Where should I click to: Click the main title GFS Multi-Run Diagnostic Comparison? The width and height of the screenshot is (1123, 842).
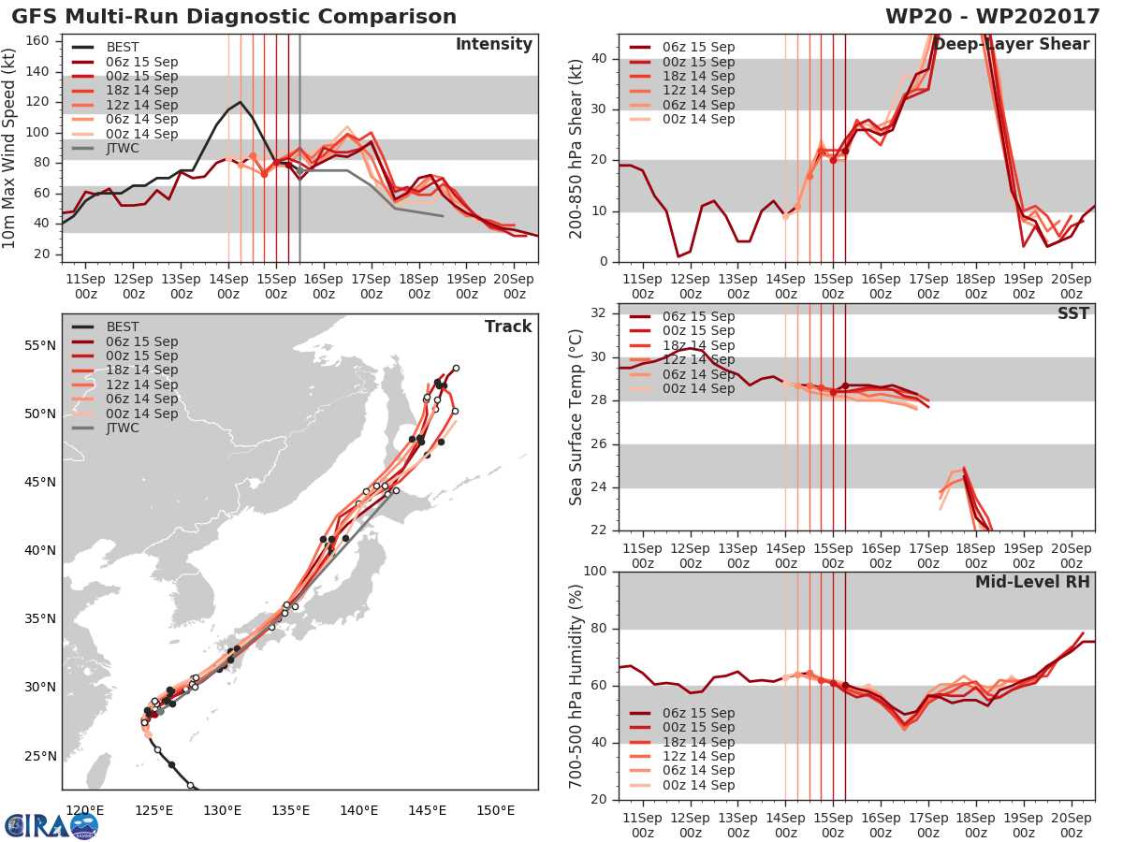pos(234,17)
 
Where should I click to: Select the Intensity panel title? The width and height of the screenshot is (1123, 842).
pos(493,45)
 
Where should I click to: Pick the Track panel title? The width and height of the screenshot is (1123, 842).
pos(507,327)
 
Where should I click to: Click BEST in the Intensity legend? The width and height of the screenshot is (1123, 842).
pos(124,48)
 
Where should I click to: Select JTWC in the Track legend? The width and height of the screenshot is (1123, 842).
pos(124,428)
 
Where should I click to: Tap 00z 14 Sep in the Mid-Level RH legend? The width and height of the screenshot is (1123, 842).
pos(699,785)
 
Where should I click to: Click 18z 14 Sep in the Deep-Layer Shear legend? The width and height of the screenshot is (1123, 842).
pos(699,76)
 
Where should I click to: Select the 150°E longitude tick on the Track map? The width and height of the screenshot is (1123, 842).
pos(495,810)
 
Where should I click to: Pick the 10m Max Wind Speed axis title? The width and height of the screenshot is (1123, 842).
pos(11,151)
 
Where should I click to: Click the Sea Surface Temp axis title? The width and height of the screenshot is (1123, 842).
pos(576,417)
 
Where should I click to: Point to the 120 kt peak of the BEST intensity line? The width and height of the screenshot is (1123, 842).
pos(241,102)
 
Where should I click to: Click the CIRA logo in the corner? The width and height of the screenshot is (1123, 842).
pos(51,825)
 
